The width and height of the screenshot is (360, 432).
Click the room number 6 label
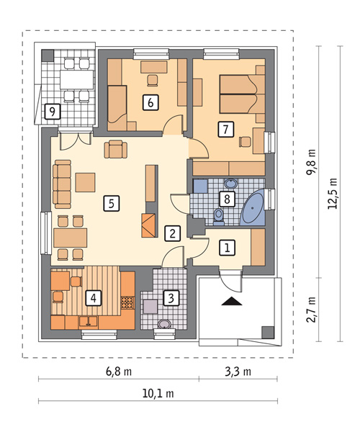150,102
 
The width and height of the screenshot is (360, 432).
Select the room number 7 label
225,129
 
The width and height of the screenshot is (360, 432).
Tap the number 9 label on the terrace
53,112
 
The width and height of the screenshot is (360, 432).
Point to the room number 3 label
171,297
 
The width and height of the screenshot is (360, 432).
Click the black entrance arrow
232,301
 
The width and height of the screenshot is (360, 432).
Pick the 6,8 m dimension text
119,372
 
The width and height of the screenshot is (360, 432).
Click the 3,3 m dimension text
238,372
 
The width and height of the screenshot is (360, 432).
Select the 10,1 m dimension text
158,393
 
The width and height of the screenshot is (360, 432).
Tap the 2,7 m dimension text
311,310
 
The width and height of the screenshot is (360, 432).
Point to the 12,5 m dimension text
333,194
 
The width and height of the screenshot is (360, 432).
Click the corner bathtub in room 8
253,208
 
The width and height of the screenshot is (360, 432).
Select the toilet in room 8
219,217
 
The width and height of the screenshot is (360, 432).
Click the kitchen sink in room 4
88,322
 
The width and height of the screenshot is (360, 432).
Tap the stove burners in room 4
127,302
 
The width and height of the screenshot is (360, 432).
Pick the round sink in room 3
165,324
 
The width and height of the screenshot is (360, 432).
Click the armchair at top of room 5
116,149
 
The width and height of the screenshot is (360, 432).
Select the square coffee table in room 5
86,182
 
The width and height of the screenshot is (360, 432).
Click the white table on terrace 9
77,80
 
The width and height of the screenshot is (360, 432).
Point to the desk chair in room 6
153,80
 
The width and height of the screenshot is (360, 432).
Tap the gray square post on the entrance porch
267,332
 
